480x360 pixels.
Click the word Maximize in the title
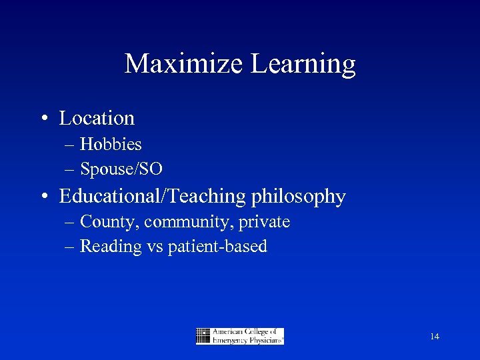pyautogui.click(x=185, y=64)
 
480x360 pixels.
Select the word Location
pyautogui.click(x=97, y=118)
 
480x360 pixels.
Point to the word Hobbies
pyautogui.click(x=111, y=144)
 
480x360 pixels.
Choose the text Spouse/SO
pyautogui.click(x=121, y=169)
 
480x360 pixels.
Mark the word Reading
pyautogui.click(x=111, y=247)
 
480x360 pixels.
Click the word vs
pyautogui.click(x=155, y=247)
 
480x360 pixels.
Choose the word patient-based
pyautogui.click(x=217, y=247)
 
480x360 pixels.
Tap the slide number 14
pyautogui.click(x=435, y=337)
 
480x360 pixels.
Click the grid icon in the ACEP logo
pyautogui.click(x=203, y=336)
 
